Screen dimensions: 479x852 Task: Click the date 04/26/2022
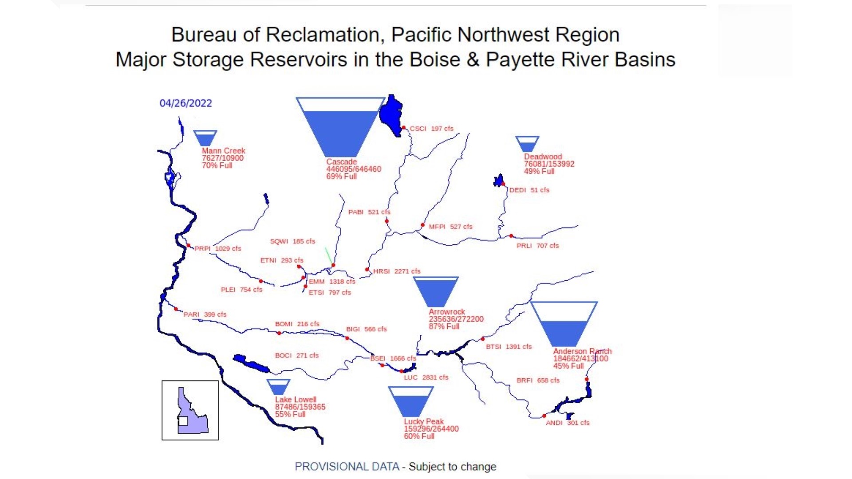coord(185,103)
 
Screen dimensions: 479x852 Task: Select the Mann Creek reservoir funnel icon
coord(205,138)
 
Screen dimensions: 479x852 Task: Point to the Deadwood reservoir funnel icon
coord(527,144)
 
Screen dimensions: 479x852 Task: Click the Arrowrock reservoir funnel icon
coord(435,291)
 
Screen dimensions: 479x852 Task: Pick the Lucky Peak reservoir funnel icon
coord(410,401)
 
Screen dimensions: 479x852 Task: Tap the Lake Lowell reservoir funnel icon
coord(278,387)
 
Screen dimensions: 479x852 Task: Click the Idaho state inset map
coord(190,410)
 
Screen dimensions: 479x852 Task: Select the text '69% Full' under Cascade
coord(341,177)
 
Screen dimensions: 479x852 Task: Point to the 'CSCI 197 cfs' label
coord(431,129)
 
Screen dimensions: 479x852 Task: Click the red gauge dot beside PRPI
coord(189,245)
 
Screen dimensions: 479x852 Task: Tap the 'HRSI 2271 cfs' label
coord(396,271)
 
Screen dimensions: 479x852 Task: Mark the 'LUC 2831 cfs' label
coord(426,377)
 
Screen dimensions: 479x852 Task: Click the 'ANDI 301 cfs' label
coord(568,423)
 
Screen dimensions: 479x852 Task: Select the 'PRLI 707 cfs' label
coord(537,246)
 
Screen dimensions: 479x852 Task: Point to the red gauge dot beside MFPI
coord(422,225)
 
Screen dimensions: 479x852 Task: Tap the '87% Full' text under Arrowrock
coord(444,326)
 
